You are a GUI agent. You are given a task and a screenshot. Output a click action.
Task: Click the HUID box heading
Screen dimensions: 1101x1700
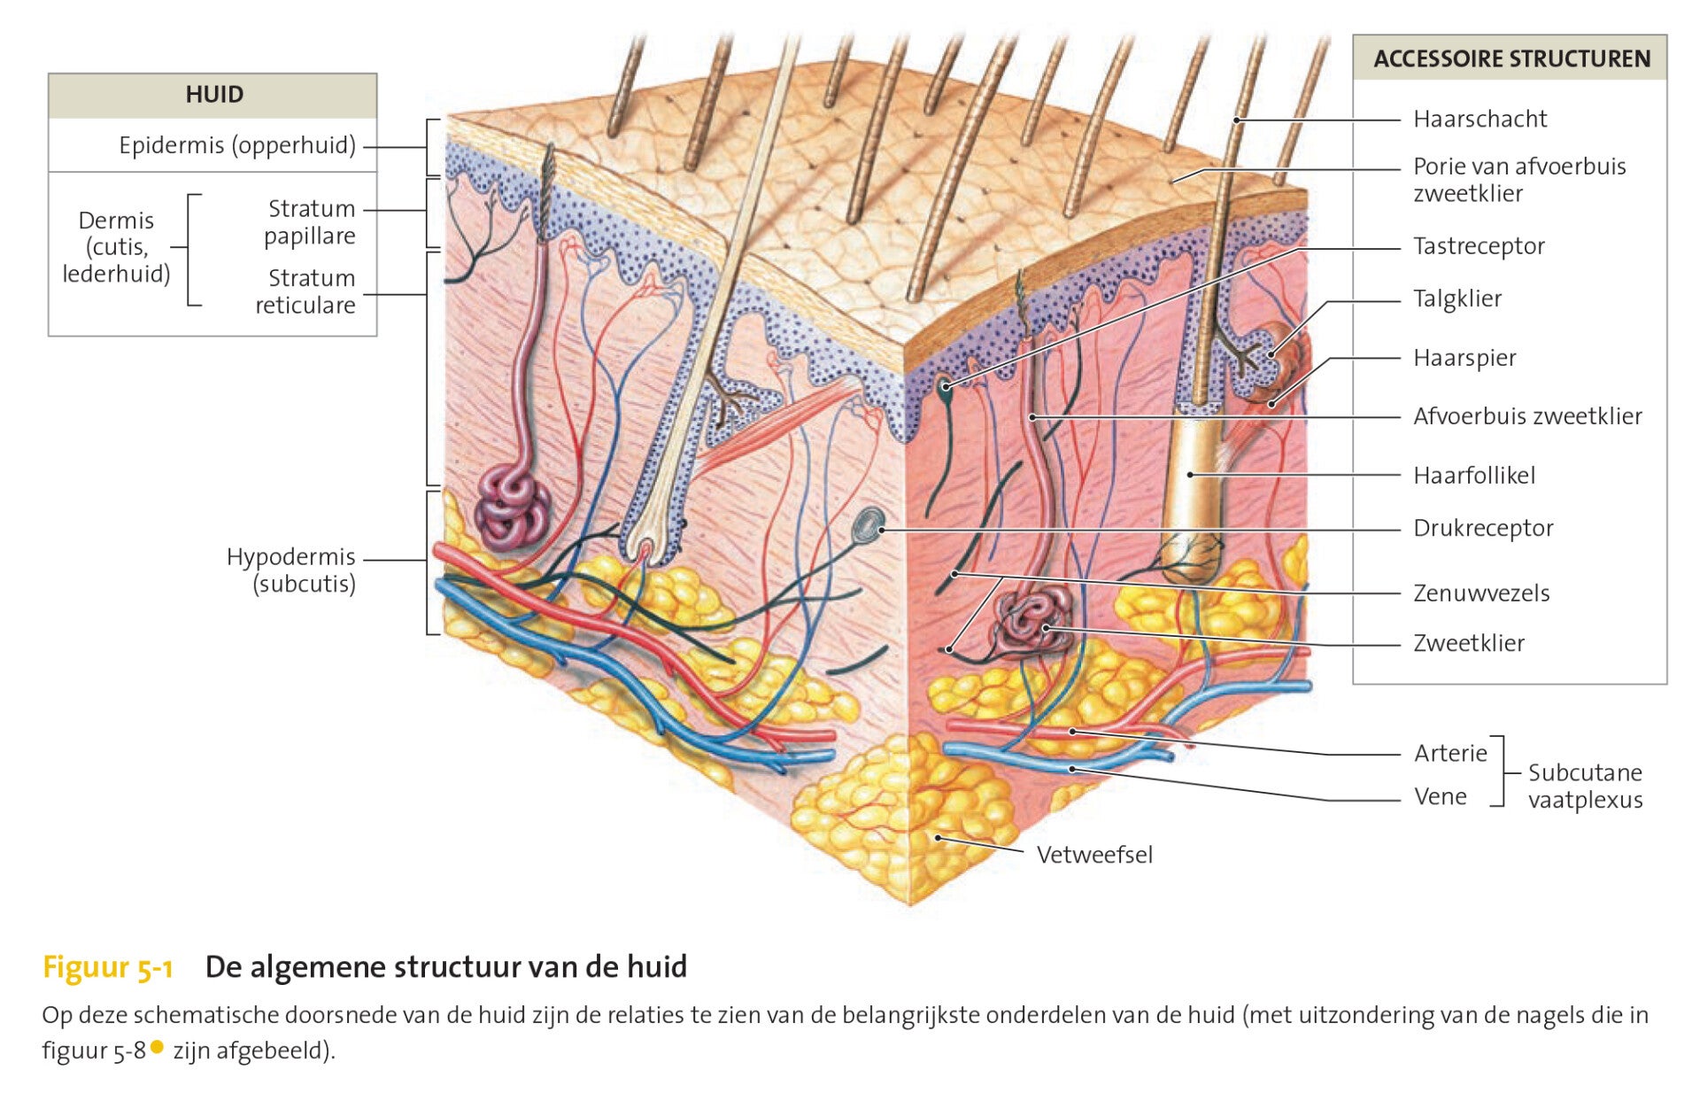(x=214, y=95)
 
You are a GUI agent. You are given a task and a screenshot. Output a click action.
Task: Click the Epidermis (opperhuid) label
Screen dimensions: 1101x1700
(x=237, y=145)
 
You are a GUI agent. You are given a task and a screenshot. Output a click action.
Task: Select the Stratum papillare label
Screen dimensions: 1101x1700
(x=310, y=222)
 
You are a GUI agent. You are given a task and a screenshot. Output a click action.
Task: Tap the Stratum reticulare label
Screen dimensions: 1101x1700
(x=305, y=291)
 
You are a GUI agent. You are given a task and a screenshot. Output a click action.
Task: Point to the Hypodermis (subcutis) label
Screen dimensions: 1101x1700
(x=291, y=570)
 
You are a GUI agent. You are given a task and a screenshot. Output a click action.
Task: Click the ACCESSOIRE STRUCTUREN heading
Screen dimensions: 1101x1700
(x=1511, y=59)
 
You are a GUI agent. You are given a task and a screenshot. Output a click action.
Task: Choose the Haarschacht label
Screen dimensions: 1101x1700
(x=1480, y=119)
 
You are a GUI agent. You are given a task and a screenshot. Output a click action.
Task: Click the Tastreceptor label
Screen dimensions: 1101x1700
(x=1479, y=246)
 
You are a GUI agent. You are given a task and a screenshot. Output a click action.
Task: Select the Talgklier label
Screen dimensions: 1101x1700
(x=1457, y=299)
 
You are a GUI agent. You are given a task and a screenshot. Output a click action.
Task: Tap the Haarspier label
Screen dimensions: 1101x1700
(x=1464, y=358)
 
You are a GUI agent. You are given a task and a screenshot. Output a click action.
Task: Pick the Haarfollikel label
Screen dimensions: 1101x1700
(x=1474, y=476)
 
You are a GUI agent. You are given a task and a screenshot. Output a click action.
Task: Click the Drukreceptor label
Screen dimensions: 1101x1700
(x=1483, y=528)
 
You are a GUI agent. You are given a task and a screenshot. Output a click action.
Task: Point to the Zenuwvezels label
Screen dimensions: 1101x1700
(x=1481, y=593)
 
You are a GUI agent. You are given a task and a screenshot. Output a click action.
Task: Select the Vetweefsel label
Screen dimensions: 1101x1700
(x=1094, y=855)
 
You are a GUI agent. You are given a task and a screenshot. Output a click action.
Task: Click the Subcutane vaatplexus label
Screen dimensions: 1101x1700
(x=1585, y=786)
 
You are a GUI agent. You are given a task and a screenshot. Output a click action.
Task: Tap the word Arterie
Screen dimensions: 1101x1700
(x=1450, y=754)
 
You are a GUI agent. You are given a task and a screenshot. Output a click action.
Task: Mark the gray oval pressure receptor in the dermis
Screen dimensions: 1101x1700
(x=869, y=526)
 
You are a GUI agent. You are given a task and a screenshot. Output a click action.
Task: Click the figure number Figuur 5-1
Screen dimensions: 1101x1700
(x=107, y=966)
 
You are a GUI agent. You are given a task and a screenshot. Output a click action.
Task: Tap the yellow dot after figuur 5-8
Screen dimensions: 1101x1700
(x=158, y=1048)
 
